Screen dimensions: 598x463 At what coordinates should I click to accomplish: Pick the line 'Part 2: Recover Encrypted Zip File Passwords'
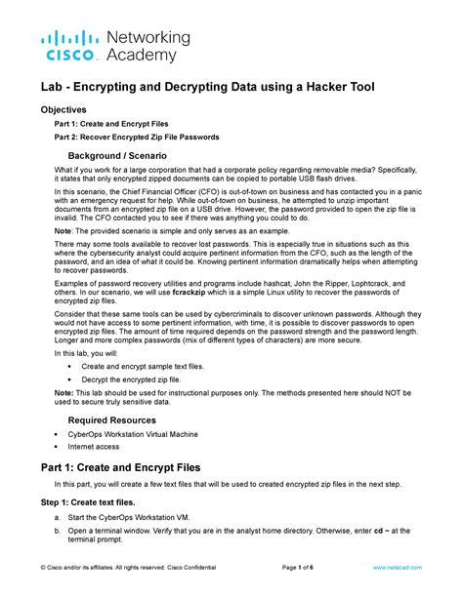click(x=136, y=137)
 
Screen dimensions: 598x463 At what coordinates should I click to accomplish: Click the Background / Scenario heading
click(x=116, y=156)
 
